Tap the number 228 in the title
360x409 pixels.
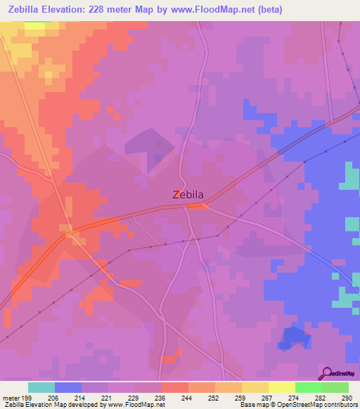pos(110,8)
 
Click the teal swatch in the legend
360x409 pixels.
pos(41,387)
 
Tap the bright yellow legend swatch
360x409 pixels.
pos(281,387)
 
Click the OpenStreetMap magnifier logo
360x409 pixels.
pos(326,372)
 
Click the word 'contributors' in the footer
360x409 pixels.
pos(339,405)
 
